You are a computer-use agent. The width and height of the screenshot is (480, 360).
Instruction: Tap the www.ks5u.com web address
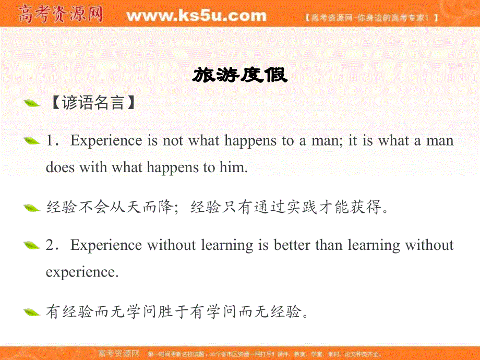[196, 16]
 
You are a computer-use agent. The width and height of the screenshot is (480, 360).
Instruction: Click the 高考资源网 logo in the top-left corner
[61, 15]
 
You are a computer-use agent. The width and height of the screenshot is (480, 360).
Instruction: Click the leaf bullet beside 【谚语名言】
[32, 103]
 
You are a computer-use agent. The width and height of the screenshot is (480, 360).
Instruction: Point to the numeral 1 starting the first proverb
[50, 141]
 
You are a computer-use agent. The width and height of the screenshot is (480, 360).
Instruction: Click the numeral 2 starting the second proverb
[50, 245]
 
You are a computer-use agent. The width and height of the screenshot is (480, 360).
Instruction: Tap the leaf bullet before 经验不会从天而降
[32, 208]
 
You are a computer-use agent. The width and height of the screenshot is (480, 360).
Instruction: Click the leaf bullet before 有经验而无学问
[32, 313]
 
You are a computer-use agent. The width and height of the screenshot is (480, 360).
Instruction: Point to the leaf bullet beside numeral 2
[32, 245]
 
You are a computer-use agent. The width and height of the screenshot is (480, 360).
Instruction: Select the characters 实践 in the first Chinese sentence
[270, 208]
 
